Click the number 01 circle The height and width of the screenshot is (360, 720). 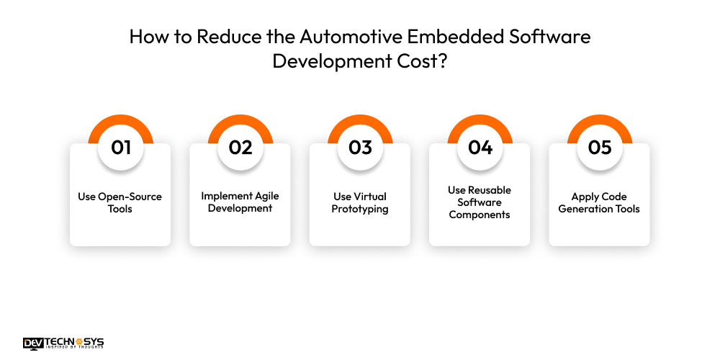click(x=120, y=148)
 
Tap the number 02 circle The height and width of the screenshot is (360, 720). click(x=240, y=148)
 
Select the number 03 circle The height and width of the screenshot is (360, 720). click(x=360, y=148)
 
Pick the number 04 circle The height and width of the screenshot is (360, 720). click(x=480, y=148)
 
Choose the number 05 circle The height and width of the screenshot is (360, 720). click(x=599, y=148)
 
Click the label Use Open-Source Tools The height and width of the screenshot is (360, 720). click(x=120, y=202)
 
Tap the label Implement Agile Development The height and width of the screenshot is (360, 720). click(x=240, y=202)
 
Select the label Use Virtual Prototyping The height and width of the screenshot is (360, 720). click(x=360, y=202)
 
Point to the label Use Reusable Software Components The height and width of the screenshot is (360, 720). click(x=480, y=202)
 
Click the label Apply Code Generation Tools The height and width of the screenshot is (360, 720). click(x=599, y=202)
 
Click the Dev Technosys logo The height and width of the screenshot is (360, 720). click(x=63, y=343)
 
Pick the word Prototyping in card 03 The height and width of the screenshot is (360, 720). click(x=360, y=209)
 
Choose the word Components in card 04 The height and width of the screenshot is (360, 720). click(x=480, y=215)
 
